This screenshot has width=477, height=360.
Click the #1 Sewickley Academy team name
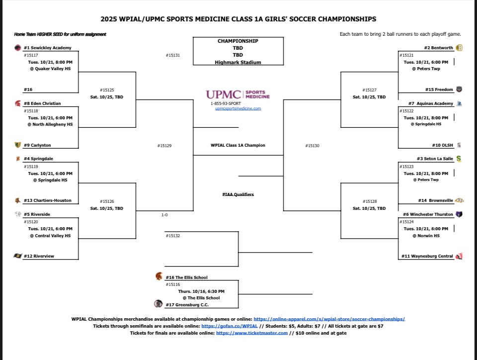pyautogui.click(x=48, y=48)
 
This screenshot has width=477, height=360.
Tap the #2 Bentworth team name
pyautogui.click(x=439, y=48)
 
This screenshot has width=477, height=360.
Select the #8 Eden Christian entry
pyautogui.click(x=42, y=103)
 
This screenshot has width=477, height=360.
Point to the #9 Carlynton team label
pyautogui.click(x=37, y=145)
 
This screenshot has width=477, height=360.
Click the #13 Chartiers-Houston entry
pyautogui.click(x=48, y=200)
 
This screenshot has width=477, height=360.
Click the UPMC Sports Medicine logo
pyautogui.click(x=238, y=94)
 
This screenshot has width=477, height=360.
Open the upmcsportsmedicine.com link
pyautogui.click(x=238, y=108)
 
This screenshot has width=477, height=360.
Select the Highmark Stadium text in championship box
pyautogui.click(x=238, y=62)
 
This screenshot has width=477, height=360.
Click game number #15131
pyautogui.click(x=172, y=55)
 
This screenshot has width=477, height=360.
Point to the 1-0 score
pyautogui.click(x=164, y=215)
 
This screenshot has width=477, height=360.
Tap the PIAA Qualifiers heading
pyautogui.click(x=238, y=194)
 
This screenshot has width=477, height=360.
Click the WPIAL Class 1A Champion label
pyautogui.click(x=238, y=145)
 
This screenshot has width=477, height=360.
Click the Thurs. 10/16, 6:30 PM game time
pyautogui.click(x=201, y=291)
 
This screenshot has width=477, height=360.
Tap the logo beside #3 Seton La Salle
pyautogui.click(x=459, y=159)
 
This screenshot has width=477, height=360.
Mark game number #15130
pyautogui.click(x=312, y=146)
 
